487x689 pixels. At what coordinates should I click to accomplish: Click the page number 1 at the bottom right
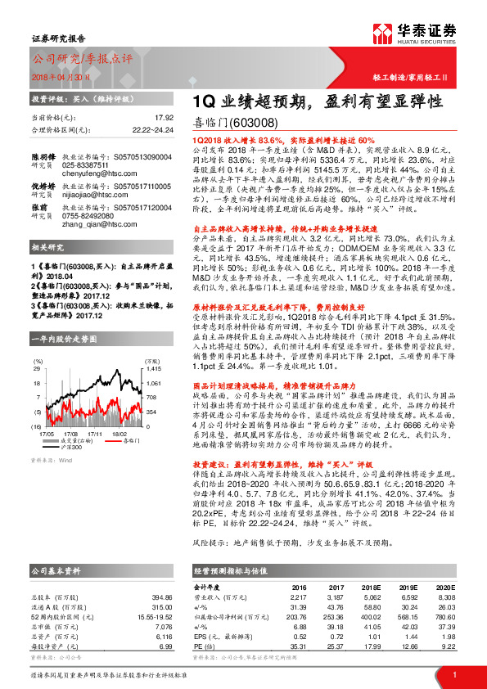coord(454,674)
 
